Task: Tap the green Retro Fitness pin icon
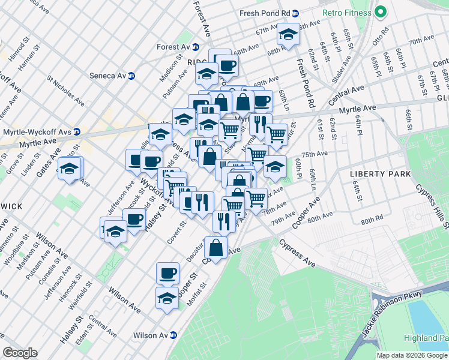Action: point(381,12)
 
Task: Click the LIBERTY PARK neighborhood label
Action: point(380,174)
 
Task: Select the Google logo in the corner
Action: point(20,353)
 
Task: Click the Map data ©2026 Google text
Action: point(412,355)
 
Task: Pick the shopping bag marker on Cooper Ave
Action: point(215,246)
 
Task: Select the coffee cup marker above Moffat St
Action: point(167,273)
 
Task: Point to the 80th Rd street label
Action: point(372,221)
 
